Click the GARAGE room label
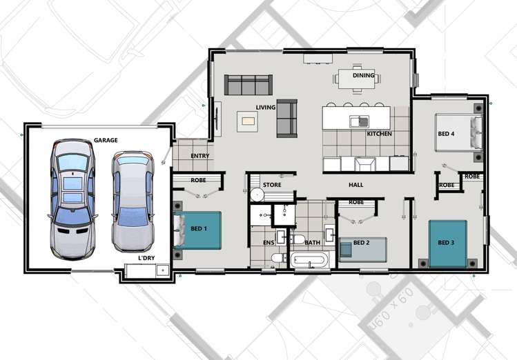coord(106,140)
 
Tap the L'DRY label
coord(146,258)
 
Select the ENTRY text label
coord(199,156)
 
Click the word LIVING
coord(266,107)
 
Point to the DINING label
coord(363,75)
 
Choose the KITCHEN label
coord(379,133)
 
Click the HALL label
coord(355,185)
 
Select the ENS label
coord(269,243)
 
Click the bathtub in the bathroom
coord(311,261)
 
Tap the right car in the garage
coord(130,200)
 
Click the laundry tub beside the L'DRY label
coord(162,270)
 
